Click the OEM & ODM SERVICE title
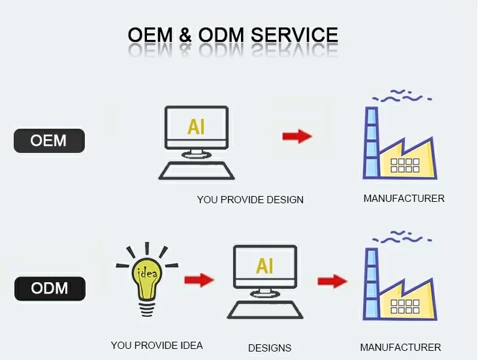pyautogui.click(x=232, y=35)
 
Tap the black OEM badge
pyautogui.click(x=49, y=140)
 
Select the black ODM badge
pyautogui.click(x=49, y=287)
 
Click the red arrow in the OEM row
pyautogui.click(x=297, y=136)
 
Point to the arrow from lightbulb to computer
pyautogui.click(x=199, y=280)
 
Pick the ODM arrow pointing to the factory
pyautogui.click(x=332, y=281)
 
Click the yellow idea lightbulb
pyautogui.click(x=146, y=278)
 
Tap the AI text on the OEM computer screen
pyautogui.click(x=196, y=127)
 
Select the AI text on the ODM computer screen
pyautogui.click(x=264, y=266)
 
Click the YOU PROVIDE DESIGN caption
pyautogui.click(x=250, y=199)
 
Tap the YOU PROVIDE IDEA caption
pyautogui.click(x=157, y=345)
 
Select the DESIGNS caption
pyautogui.click(x=270, y=348)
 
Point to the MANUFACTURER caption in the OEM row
pyautogui.click(x=404, y=198)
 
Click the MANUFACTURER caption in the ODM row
pyautogui.click(x=400, y=347)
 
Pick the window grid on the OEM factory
pyautogui.click(x=406, y=165)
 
